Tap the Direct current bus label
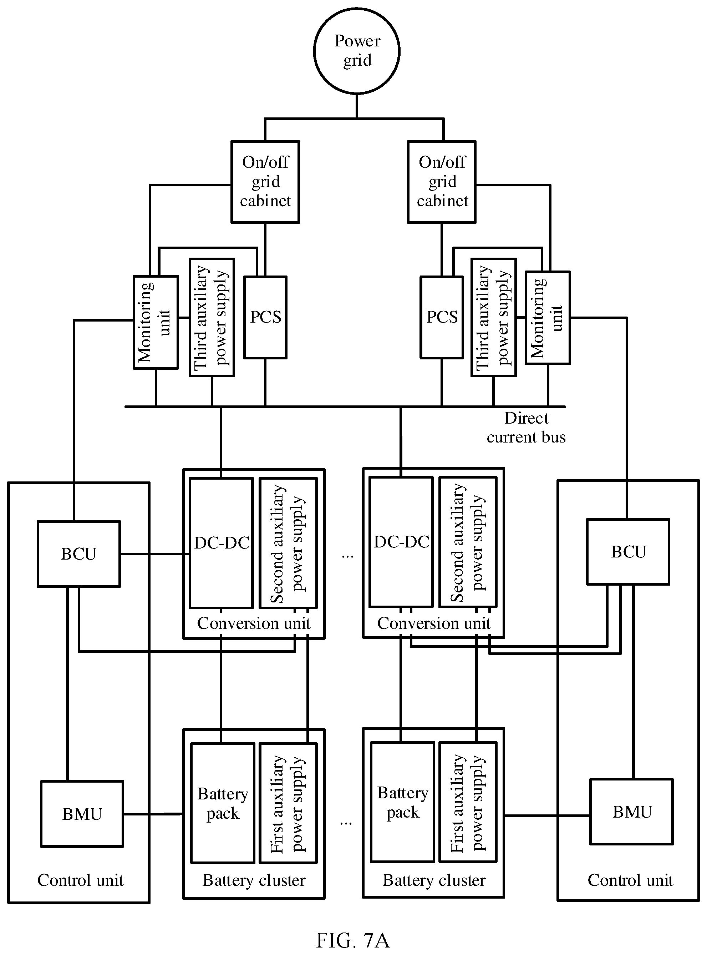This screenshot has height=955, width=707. click(526, 427)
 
